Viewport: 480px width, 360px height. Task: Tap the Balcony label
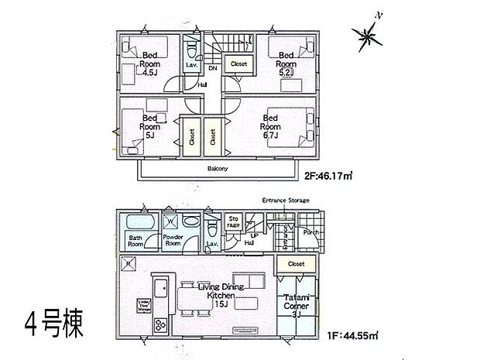(217, 167)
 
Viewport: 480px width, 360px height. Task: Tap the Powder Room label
(173, 241)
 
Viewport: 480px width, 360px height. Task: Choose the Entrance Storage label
(286, 201)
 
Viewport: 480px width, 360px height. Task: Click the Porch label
(311, 230)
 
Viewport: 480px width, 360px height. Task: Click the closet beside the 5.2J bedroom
(236, 65)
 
